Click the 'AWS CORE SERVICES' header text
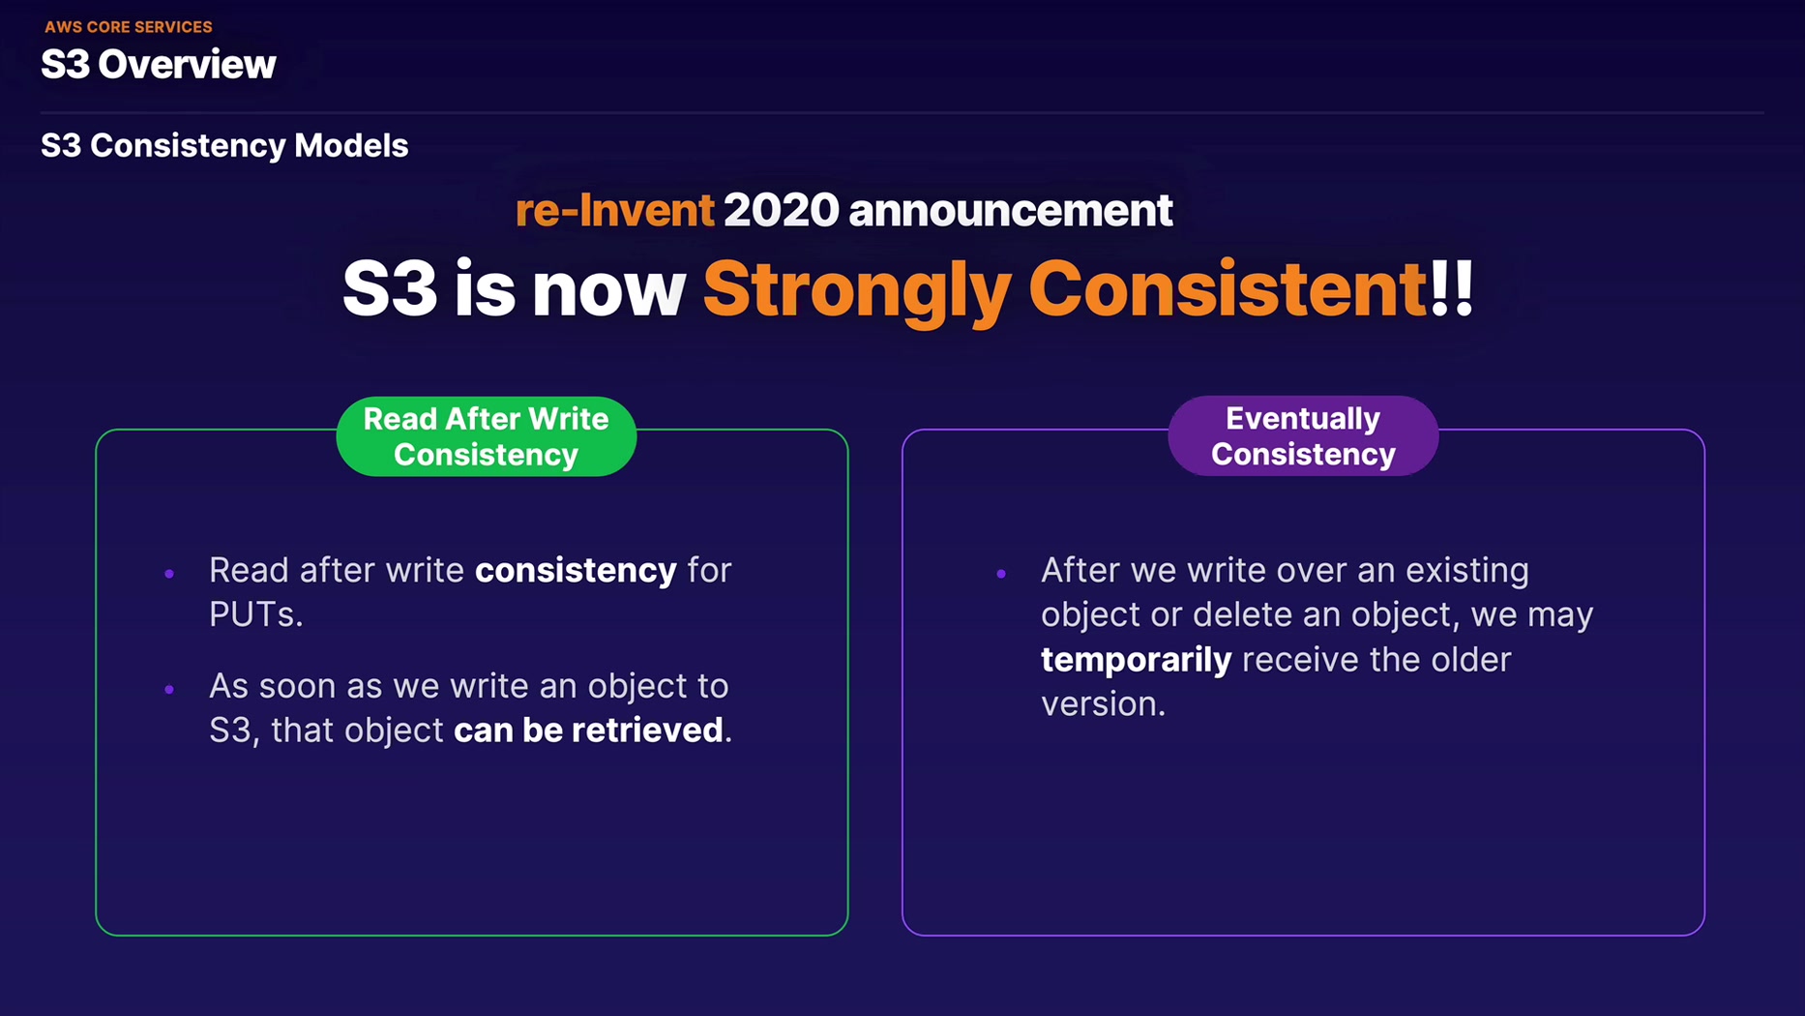point(129,27)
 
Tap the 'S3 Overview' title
point(159,65)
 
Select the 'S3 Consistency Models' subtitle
point(224,145)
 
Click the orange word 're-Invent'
point(615,210)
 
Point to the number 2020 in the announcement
point(782,210)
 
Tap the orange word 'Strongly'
point(857,291)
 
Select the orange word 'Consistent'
point(1228,288)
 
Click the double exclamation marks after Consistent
point(1451,288)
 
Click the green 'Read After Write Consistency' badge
point(487,436)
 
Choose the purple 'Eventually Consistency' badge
point(1303,435)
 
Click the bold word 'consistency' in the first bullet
point(576,570)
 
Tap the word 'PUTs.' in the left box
point(256,614)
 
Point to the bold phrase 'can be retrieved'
point(588,730)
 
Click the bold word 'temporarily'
point(1136,660)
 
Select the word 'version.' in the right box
point(1104,703)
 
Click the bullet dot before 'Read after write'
point(169,574)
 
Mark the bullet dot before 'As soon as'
point(169,689)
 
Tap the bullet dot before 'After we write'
point(1001,574)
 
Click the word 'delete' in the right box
point(1236,614)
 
